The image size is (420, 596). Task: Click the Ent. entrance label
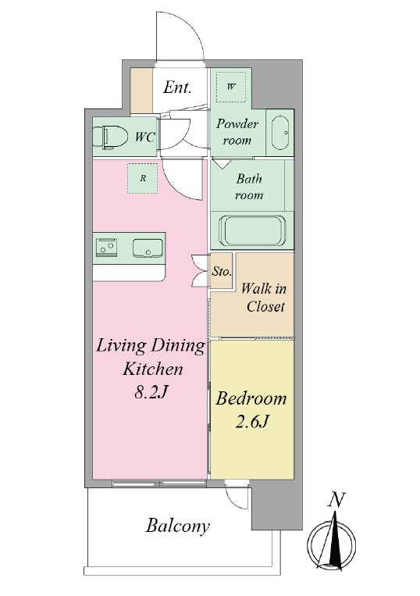coord(177,87)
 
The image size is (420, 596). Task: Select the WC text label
coord(144,137)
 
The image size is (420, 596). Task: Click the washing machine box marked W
coord(231,87)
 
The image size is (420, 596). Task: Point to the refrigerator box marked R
coord(143,178)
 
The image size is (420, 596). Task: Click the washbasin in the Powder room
coord(280,133)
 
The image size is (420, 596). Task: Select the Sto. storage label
coord(222,271)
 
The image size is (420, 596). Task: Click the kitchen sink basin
coord(148,248)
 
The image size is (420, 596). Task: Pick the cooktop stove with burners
coord(106,248)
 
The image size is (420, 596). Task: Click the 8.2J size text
coord(151,393)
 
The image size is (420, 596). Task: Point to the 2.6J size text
coord(252,421)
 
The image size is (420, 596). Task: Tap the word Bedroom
coord(251,398)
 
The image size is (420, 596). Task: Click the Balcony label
coord(178,526)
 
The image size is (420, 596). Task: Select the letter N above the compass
coord(336,500)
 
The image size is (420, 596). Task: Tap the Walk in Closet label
coord(264,298)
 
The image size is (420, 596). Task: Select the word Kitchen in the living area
coord(153,369)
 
